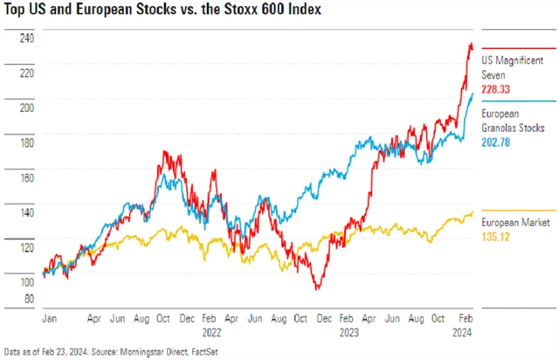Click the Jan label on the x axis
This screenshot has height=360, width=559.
pyautogui.click(x=52, y=319)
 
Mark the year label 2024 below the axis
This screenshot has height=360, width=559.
pyautogui.click(x=464, y=332)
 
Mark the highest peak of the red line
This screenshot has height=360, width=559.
pyautogui.click(x=472, y=44)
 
